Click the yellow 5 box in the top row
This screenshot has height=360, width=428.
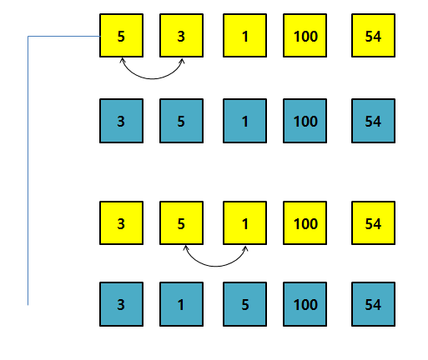(x=122, y=36)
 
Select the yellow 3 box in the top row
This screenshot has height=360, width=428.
(x=181, y=36)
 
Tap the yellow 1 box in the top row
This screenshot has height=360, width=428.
(x=244, y=36)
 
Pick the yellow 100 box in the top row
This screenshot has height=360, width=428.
(x=305, y=36)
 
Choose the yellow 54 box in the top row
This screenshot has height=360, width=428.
(x=373, y=36)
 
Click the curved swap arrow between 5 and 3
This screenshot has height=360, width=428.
(x=152, y=79)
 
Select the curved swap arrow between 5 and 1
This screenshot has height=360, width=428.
(x=215, y=267)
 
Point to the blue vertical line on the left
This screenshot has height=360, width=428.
(x=28, y=171)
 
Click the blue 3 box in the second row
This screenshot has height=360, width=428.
(x=122, y=121)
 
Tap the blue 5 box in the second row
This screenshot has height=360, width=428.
(x=181, y=121)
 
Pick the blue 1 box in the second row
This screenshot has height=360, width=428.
(x=244, y=121)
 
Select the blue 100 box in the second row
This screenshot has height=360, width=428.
(x=305, y=121)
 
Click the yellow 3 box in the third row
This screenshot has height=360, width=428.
(x=122, y=223)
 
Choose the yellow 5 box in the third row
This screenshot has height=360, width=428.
(x=181, y=223)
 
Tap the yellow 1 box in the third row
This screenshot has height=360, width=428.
(x=244, y=223)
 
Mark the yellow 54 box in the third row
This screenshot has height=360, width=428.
(x=373, y=223)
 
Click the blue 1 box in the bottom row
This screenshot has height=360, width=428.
(x=181, y=304)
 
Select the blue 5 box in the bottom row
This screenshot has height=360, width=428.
(x=244, y=304)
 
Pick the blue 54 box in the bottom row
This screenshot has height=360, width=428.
(x=373, y=304)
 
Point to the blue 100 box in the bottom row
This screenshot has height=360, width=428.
(x=305, y=304)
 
